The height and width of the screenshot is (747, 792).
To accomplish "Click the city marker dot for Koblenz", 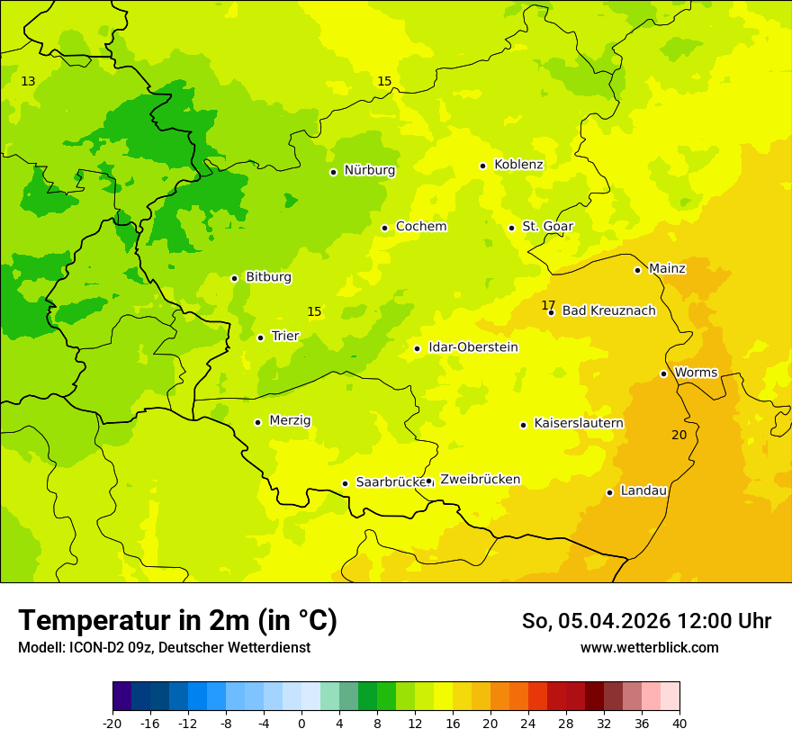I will (x=482, y=166).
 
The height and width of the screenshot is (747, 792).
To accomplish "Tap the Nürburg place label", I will (x=369, y=170).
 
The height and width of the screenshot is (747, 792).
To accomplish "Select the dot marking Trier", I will (x=260, y=337).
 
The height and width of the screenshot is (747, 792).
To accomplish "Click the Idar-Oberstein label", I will (x=473, y=347).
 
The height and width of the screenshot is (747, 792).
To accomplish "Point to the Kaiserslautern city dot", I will (x=523, y=425).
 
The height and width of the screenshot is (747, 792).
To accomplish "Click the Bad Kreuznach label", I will (x=608, y=311).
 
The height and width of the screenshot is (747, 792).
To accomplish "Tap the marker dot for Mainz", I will (x=637, y=270).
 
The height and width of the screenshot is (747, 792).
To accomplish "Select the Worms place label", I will (x=696, y=373).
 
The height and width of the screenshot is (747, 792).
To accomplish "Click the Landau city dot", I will (x=609, y=492).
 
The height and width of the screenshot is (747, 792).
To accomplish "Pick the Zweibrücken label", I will (x=480, y=480).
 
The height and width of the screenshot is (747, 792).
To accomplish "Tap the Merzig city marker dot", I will (x=257, y=422).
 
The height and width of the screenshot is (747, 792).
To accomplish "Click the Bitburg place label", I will (x=268, y=277).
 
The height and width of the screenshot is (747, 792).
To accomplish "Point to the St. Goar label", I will (x=547, y=227).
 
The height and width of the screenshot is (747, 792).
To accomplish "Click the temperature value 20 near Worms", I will (x=679, y=435).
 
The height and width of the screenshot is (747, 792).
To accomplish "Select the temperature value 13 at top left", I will (x=28, y=82).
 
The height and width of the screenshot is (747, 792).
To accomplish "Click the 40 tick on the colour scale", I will (x=679, y=724).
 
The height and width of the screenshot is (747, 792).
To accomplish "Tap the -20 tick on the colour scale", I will (x=112, y=724).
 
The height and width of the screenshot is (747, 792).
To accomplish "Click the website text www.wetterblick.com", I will (x=649, y=648).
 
